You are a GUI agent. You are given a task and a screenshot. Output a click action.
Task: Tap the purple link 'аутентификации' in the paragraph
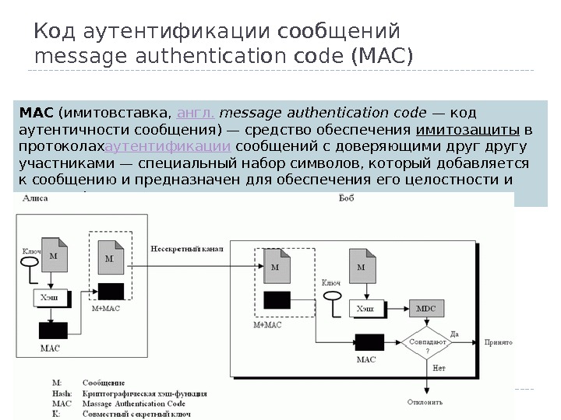[168, 146]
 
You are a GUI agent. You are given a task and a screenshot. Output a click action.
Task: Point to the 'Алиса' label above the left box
[35, 199]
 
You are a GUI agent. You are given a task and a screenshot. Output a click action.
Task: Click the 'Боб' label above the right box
[348, 199]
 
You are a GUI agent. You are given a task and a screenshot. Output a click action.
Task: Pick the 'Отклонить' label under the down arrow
[425, 402]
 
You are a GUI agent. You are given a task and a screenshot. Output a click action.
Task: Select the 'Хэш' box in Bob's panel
[365, 309]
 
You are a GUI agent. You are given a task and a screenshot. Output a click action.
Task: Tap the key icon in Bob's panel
[332, 296]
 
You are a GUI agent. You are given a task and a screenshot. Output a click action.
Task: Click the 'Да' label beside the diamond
[454, 334]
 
